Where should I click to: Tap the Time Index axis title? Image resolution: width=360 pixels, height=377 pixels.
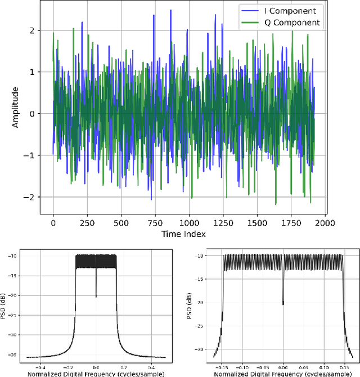tap(183, 234)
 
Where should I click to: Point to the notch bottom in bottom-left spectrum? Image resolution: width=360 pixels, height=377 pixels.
tap(96, 297)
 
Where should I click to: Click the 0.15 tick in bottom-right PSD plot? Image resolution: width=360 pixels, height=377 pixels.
tap(343, 365)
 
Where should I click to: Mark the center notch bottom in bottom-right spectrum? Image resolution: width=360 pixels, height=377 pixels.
tap(283, 304)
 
